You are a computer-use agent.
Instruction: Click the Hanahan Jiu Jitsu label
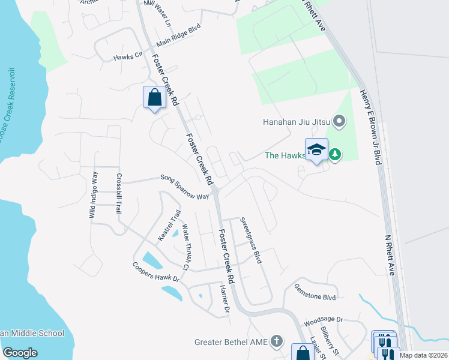coord(296,122)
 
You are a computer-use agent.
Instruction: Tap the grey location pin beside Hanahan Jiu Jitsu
coord(339,122)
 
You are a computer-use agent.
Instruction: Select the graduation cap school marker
coord(316,150)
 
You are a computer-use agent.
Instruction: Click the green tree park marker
coord(334,155)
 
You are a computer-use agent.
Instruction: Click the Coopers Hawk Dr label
coord(156,272)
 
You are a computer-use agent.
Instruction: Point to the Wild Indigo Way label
coord(94,194)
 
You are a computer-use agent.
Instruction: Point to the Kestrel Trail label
coord(169,226)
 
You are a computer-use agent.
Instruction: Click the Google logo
coord(20,352)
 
